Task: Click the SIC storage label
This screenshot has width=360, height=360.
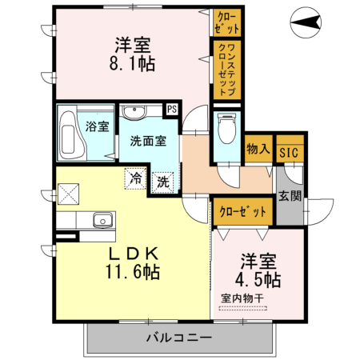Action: tap(287, 150)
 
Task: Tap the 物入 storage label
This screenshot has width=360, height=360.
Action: tap(258, 149)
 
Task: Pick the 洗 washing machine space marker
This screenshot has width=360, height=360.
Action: tap(163, 182)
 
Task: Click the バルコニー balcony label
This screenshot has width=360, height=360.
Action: tap(178, 337)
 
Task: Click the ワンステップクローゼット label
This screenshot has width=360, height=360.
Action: tap(225, 70)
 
